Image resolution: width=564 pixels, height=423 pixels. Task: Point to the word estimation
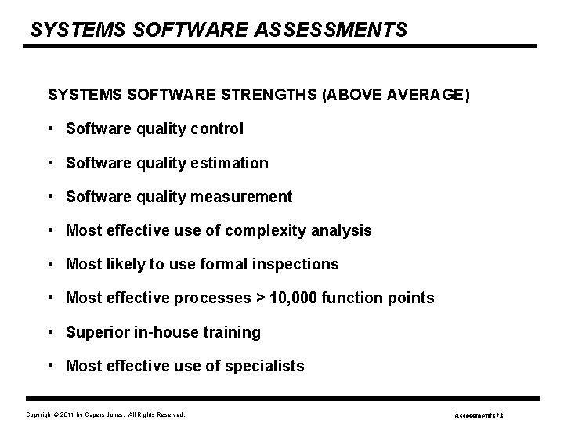click(x=230, y=163)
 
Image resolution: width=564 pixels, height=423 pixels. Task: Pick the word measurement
click(x=241, y=197)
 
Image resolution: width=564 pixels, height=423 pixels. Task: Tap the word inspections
click(x=295, y=264)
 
